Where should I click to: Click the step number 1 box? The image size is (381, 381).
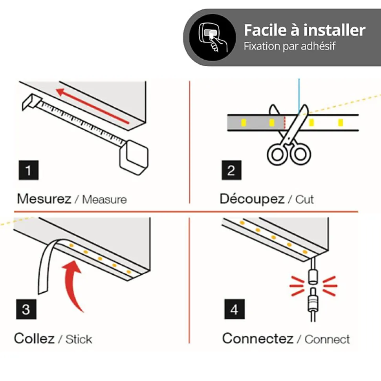coord(28,170)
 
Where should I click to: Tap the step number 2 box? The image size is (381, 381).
coord(231,170)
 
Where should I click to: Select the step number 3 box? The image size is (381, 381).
coord(26,309)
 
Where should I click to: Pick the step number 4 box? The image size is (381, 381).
coord(234,309)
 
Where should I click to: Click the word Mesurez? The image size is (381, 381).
coord(44,199)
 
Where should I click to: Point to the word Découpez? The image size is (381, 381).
coord(252,199)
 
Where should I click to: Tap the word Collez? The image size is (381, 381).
coord(34,338)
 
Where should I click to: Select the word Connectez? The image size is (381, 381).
coord(258,338)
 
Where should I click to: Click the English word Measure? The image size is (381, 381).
coord(104,199)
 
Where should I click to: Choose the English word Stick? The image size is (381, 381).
coord(79,339)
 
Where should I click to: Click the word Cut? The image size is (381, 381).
coord(304,199)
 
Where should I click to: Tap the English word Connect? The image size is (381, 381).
coord(327,339)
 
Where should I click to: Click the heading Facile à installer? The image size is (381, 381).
coord(305,30)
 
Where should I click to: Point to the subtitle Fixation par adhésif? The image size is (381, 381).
coord(290,46)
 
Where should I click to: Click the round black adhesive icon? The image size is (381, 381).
coord(212,37)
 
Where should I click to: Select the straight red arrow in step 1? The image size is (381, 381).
coord(92,106)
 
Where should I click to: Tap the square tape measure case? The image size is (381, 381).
coord(134,157)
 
